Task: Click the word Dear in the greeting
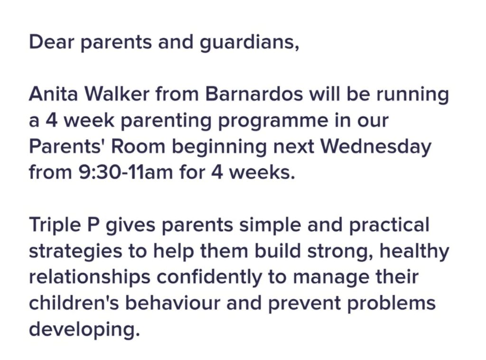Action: coord(52,42)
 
